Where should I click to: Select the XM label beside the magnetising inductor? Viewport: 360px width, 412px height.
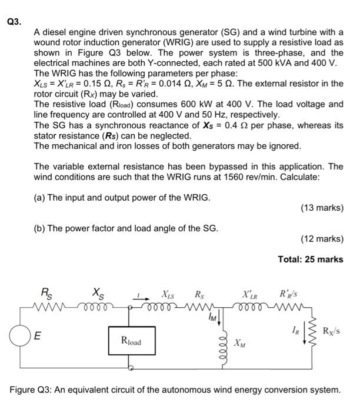pos(239,343)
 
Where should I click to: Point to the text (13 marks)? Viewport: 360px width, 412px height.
pos(321,208)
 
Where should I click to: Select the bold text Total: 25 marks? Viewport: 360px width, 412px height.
pos(311,259)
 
